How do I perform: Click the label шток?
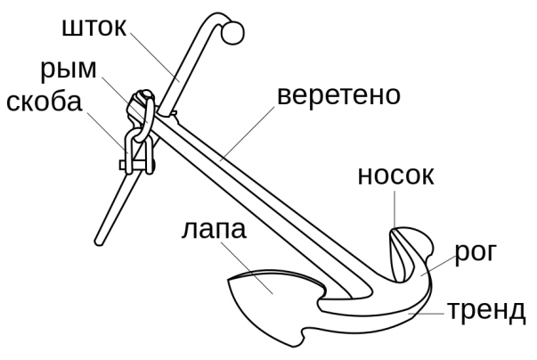pos(94,27)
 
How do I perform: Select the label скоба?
pos(45,102)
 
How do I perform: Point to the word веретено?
pos(338,95)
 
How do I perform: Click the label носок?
pos(395,176)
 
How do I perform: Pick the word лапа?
pos(214,229)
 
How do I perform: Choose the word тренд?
pos(486,311)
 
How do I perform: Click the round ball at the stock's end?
pos(233,33)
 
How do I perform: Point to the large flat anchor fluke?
pos(271,301)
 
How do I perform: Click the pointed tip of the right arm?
pos(394,230)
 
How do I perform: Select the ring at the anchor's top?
pos(145,117)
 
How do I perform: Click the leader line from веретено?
pos(248,134)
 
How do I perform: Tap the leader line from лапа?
pos(248,268)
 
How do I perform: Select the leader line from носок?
pos(395,209)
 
